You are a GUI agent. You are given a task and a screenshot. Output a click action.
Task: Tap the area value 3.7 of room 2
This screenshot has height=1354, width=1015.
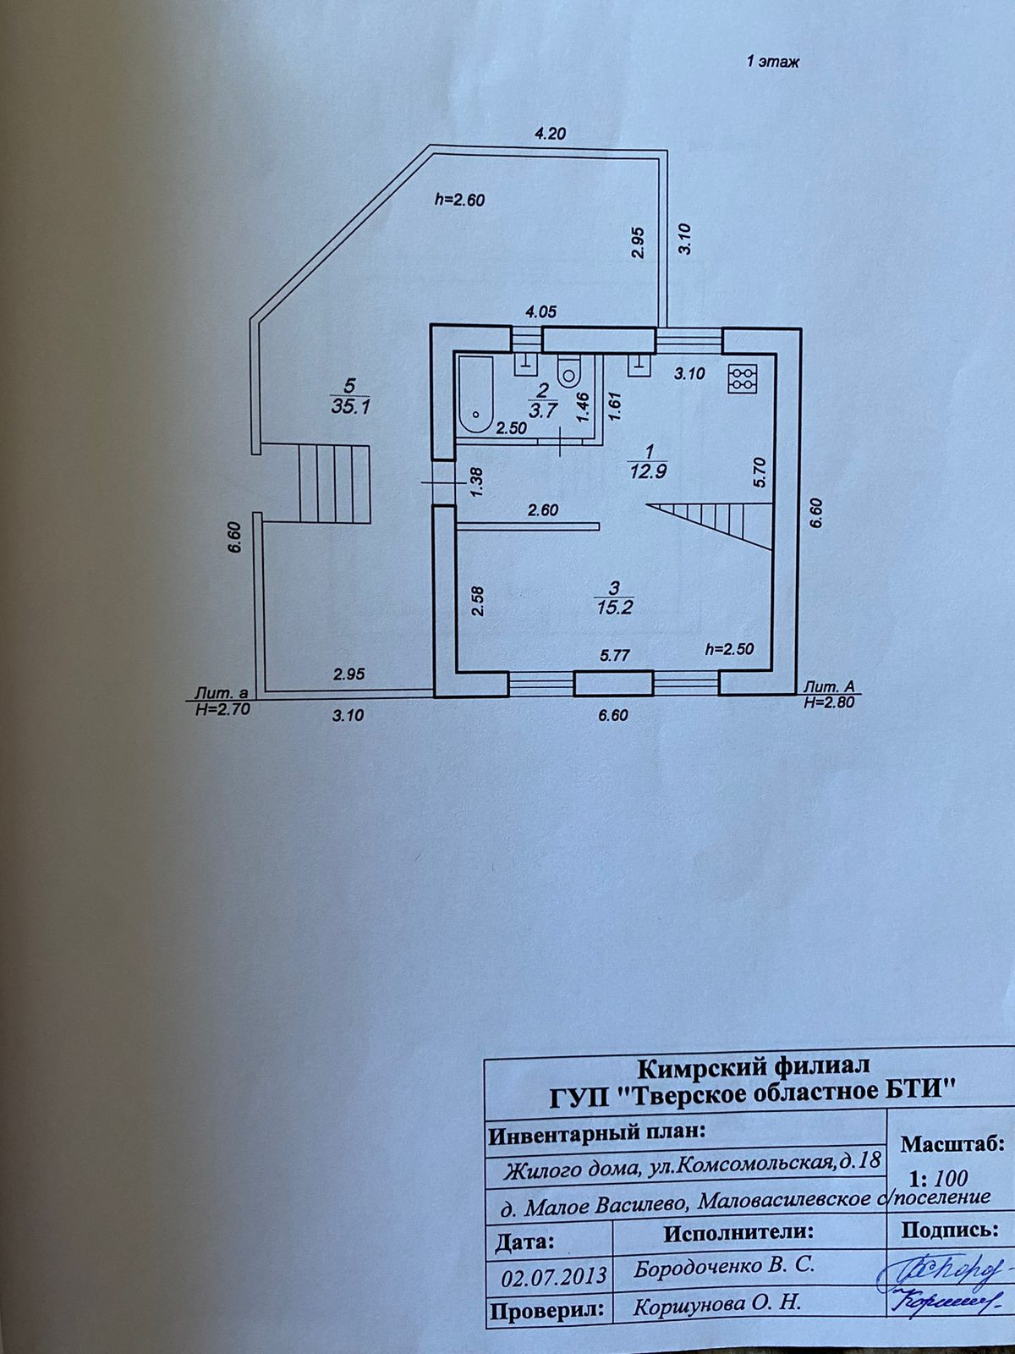coord(542,412)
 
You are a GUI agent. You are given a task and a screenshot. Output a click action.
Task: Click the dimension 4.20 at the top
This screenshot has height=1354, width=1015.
coord(549,132)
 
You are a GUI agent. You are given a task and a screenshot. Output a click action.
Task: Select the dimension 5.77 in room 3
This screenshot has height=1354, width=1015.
coord(615,654)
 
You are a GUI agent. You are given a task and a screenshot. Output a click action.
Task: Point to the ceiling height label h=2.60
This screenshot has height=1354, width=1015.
coord(458,200)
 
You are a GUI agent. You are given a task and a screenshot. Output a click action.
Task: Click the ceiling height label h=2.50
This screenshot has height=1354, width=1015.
coord(729,649)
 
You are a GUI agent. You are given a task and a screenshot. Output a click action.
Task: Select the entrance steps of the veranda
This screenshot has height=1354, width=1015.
coord(336,484)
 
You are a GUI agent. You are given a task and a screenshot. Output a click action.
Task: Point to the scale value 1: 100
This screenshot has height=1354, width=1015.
coord(938,1177)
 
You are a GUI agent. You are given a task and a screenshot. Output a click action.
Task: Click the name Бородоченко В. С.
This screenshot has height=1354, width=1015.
coord(725,1267)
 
